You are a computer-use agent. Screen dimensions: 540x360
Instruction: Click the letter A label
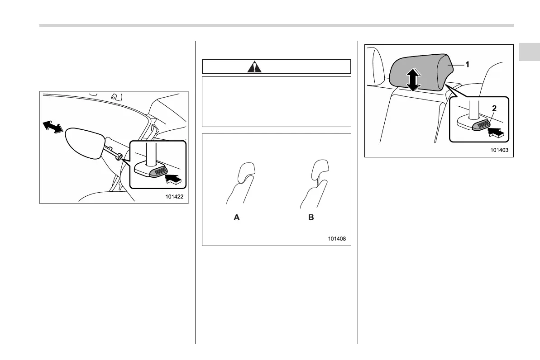tap(236, 218)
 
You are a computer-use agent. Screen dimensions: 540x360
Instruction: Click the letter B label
tap(311, 218)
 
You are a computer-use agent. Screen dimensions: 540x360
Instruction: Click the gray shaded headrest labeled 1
tap(430, 72)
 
